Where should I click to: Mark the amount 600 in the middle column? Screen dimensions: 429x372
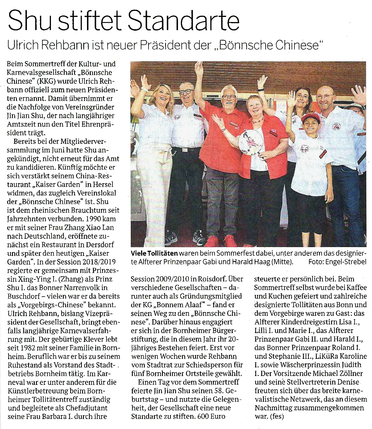203,416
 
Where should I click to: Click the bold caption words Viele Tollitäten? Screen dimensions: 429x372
154,253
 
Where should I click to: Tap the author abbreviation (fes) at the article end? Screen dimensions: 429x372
277,416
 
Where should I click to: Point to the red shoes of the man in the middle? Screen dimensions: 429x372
222,241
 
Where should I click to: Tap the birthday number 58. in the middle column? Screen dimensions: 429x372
219,390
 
